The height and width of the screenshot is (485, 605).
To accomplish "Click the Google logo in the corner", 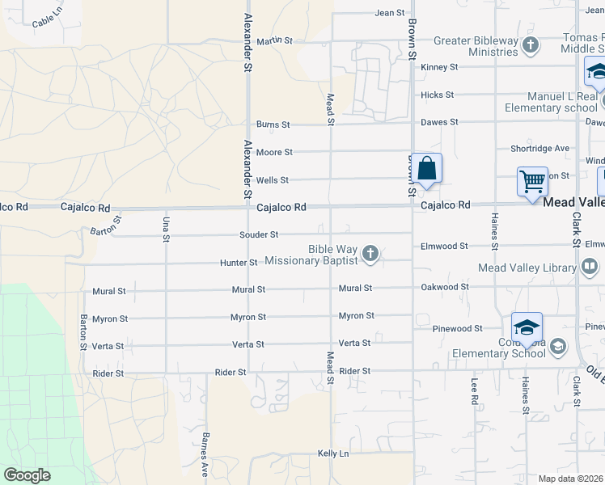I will [27, 475].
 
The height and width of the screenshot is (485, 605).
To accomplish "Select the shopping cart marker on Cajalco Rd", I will [533, 182].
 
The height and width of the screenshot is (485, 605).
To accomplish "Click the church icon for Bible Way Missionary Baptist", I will [370, 255].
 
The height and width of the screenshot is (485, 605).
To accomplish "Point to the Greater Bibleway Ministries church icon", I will [531, 44].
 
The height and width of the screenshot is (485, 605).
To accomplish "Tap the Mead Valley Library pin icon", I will [590, 268].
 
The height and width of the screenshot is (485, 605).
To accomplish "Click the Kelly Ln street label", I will [333, 453].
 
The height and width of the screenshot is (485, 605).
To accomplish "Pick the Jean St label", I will [389, 13].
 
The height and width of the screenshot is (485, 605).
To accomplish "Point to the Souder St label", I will [259, 234].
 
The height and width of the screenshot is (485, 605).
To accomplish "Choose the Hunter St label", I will [239, 263].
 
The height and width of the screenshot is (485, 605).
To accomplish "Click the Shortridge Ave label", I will [539, 149].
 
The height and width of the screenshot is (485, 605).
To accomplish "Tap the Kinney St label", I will [439, 67].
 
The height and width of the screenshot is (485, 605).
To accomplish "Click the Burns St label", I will [273, 124].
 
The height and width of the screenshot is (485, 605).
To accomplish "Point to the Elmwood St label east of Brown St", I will [443, 246].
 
